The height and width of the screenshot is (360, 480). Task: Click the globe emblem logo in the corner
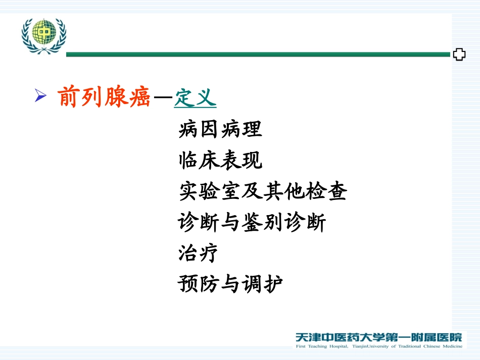tap(44, 35)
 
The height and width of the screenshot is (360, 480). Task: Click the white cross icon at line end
tap(459, 55)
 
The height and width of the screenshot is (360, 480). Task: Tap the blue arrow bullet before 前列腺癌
tap(41, 95)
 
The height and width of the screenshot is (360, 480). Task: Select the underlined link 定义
tap(195, 97)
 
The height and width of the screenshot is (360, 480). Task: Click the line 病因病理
tap(220, 130)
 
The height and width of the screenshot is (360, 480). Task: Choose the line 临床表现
tap(220, 161)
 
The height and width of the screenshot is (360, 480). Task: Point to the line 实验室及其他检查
tap(263, 192)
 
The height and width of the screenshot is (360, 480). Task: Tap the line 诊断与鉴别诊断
tap(252, 223)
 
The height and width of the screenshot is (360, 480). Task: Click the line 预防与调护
tap(230, 284)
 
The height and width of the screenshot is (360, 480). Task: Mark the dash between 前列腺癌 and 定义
tap(163, 98)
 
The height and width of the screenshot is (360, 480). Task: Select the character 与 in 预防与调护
tap(230, 284)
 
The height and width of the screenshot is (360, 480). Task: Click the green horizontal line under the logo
tap(258, 55)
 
